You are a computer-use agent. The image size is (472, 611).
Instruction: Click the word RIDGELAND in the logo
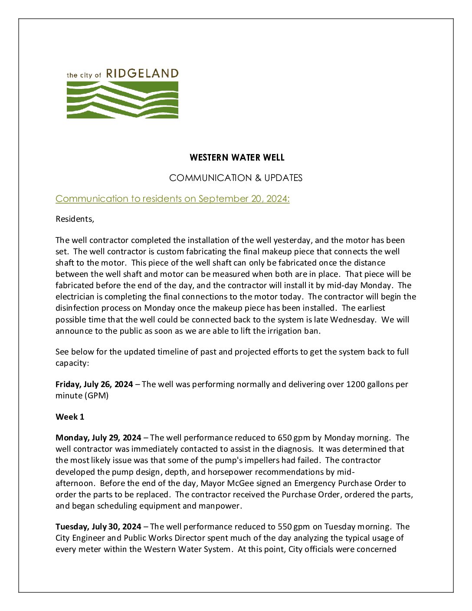point(142,74)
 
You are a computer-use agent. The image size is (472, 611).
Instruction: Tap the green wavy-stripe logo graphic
point(122,100)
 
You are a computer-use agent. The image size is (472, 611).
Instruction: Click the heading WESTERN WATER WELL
point(237,158)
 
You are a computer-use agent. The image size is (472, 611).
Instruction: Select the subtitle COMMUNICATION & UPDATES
point(236,178)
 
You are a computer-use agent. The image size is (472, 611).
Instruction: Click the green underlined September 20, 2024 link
point(172,199)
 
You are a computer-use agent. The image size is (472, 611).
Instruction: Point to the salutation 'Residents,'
point(75,219)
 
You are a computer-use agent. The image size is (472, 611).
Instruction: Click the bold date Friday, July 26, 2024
point(94,384)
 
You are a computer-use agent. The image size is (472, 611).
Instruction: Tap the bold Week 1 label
point(70,417)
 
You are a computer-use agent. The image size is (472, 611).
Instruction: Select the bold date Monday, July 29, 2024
point(98,438)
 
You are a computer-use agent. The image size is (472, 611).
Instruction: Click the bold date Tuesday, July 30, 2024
point(98,527)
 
